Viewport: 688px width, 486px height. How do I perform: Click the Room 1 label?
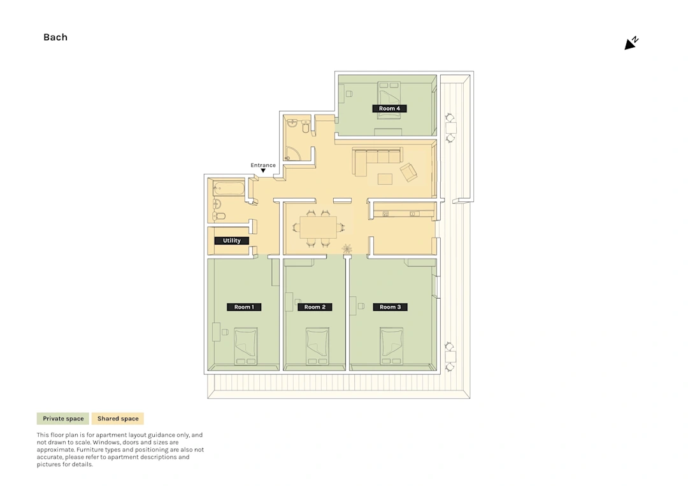244,307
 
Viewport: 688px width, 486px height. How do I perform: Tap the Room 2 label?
315,307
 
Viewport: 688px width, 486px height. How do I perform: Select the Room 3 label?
390,307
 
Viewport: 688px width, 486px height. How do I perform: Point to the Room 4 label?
389,108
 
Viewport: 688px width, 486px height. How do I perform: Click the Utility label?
232,240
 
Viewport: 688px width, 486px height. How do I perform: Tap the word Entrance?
263,166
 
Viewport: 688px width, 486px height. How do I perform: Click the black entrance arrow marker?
263,171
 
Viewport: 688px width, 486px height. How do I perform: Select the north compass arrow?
631,43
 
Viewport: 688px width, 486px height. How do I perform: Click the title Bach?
55,38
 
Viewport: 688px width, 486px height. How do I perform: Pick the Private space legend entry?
63,418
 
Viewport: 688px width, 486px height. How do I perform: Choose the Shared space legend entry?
118,418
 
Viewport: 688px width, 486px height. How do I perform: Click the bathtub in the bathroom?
229,189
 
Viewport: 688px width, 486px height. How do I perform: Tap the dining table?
318,227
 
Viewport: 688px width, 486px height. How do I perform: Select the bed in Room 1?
246,346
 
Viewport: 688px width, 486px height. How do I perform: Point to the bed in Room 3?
391,346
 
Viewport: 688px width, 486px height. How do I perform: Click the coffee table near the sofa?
385,179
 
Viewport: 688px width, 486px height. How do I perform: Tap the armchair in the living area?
408,172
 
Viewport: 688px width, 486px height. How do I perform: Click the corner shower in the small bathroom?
293,154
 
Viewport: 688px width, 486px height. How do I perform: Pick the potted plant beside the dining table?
347,249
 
